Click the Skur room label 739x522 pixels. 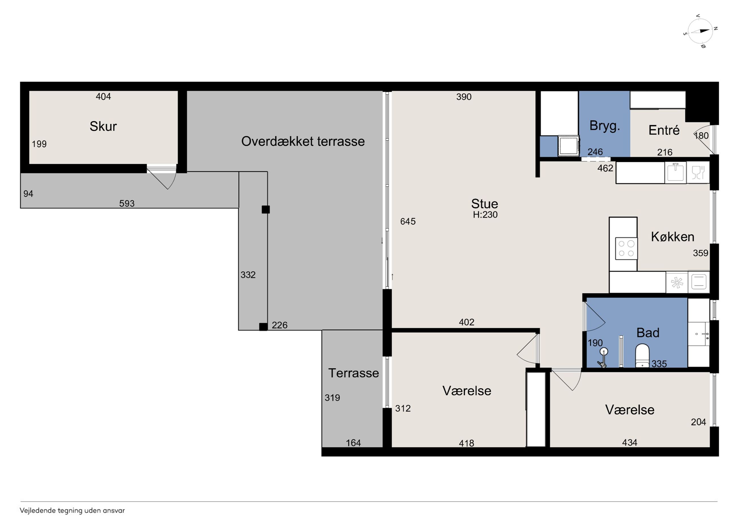[103, 126]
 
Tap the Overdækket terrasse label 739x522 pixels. [303, 141]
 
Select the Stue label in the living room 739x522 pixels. [484, 204]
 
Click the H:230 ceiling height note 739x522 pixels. [485, 214]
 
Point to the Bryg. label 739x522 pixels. [605, 126]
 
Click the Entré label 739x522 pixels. [664, 130]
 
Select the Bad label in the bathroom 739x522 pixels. [647, 333]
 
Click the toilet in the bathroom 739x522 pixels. [642, 355]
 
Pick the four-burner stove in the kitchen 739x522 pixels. [626, 248]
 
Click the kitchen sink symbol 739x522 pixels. [675, 172]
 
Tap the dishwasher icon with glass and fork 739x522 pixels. [698, 172]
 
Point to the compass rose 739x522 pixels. [700, 31]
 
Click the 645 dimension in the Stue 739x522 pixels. [408, 221]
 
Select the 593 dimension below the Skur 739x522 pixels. [127, 203]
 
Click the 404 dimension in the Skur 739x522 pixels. [103, 96]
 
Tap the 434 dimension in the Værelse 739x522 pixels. [630, 442]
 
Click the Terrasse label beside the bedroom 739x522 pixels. [353, 373]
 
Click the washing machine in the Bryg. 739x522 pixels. [569, 146]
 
